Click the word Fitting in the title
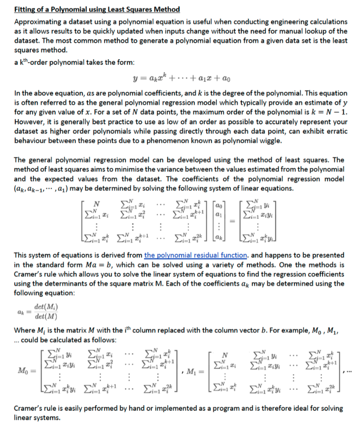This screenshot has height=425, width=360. pos(25,9)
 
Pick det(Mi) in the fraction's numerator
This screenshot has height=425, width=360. pos(45,307)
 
